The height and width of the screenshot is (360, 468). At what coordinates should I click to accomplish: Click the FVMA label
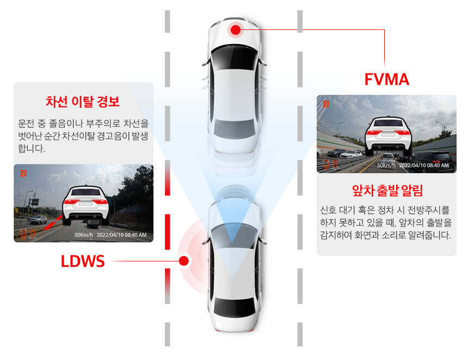(x=386, y=80)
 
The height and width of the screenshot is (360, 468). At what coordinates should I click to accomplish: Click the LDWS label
(x=83, y=261)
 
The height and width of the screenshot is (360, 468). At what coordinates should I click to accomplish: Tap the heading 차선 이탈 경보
(x=83, y=102)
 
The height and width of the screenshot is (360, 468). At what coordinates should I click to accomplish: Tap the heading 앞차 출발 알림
(x=386, y=191)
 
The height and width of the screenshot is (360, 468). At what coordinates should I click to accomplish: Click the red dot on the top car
(x=235, y=29)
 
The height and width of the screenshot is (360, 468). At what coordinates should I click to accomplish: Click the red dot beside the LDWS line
(x=184, y=261)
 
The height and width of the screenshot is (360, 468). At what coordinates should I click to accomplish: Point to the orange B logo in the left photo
(x=23, y=174)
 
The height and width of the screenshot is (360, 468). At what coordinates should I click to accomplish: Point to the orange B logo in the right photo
(x=326, y=104)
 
